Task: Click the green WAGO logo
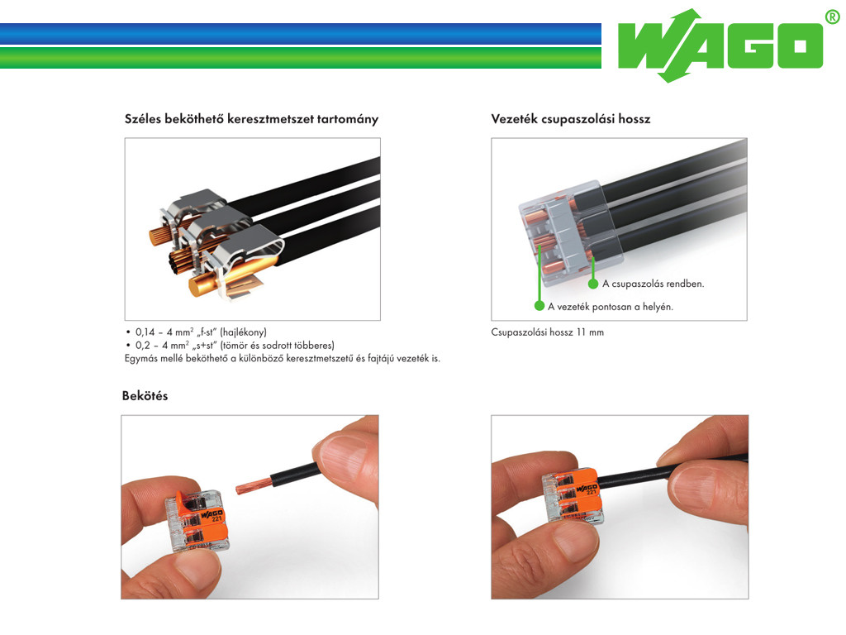tap(721, 46)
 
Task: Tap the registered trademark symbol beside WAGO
tap(834, 17)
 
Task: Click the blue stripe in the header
tap(301, 33)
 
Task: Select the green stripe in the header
tap(301, 58)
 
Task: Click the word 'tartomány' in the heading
tap(348, 119)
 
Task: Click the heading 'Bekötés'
tap(145, 396)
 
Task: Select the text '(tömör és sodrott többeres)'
tap(278, 345)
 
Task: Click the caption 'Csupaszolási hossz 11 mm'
tap(547, 332)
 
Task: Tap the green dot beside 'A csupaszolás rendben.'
tap(593, 284)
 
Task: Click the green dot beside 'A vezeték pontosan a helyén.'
tap(539, 306)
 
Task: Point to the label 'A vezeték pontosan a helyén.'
tap(611, 307)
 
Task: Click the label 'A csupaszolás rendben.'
tap(654, 284)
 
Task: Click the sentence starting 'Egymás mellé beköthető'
tap(283, 358)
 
